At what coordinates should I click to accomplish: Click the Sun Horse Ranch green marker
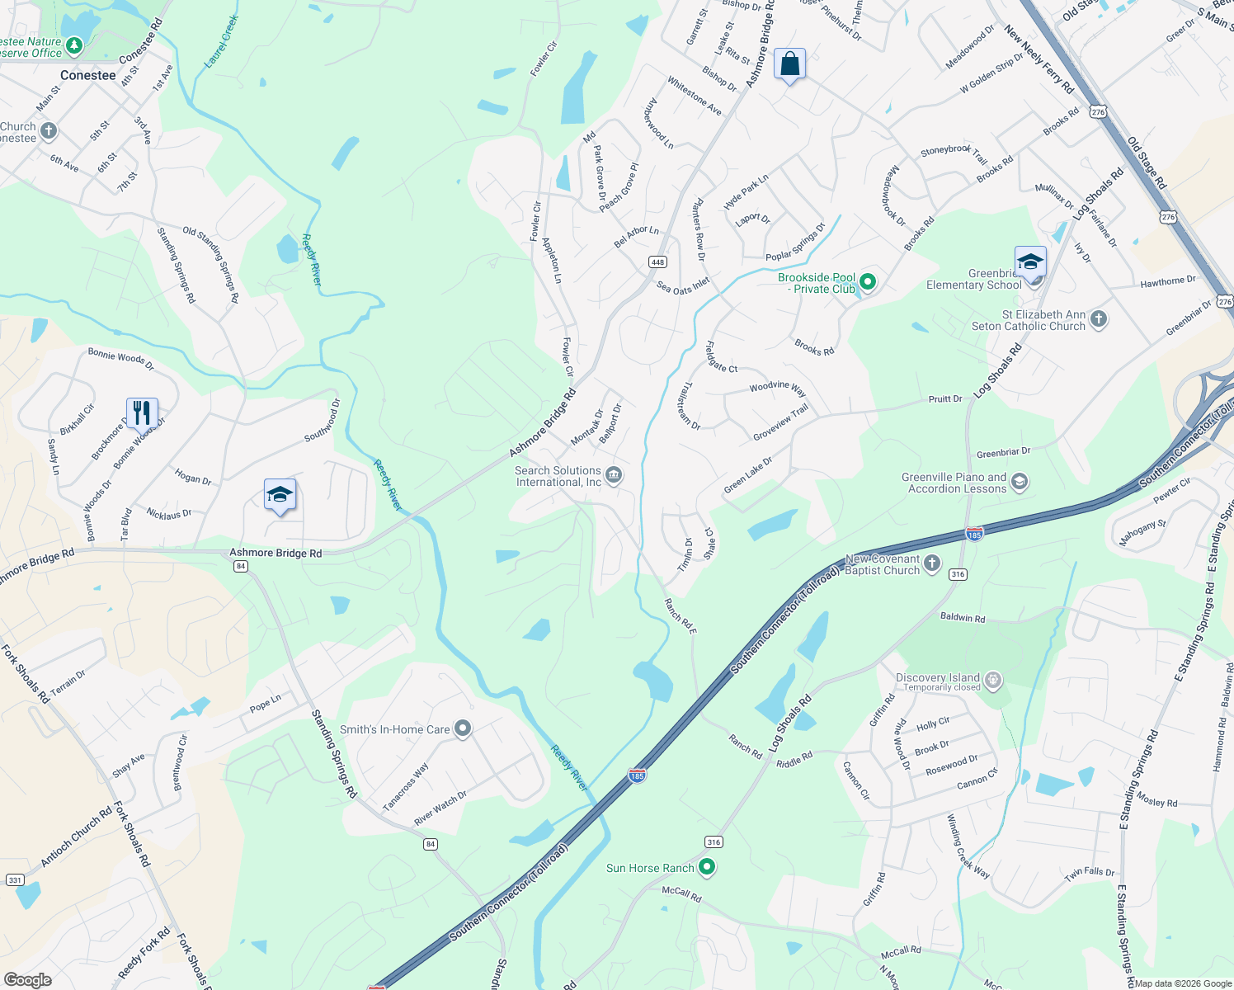707,867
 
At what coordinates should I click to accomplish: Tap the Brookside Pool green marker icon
867,282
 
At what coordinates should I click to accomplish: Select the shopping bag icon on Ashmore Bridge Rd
789,64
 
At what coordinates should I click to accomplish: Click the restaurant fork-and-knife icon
142,412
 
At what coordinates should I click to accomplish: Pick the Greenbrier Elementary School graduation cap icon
1030,262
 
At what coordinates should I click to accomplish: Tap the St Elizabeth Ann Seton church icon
1098,319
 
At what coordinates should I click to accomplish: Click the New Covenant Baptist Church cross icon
931,563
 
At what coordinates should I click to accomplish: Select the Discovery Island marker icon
993,681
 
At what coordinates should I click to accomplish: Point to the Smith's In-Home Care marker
463,728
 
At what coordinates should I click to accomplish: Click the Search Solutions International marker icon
614,474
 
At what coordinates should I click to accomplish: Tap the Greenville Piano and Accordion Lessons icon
1020,482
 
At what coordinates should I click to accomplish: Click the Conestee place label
88,75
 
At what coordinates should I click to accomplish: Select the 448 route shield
657,262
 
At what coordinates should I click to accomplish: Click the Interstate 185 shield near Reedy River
637,775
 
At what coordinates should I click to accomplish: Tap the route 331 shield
15,880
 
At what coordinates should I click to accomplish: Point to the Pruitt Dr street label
945,399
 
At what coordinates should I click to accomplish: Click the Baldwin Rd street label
963,618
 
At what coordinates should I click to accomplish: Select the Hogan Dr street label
193,477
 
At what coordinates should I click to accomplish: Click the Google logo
28,980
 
